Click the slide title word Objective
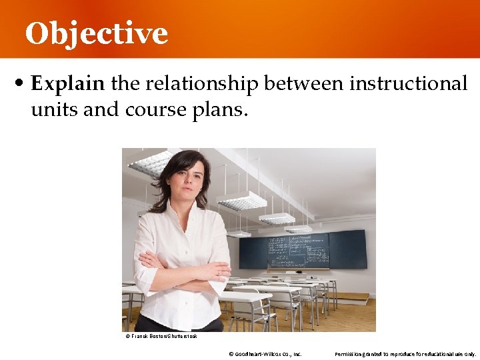(97, 33)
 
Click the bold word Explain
(68, 84)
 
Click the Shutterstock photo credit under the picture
(161, 336)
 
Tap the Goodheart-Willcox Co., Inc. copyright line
(265, 353)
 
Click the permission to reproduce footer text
(405, 353)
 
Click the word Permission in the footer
(349, 353)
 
